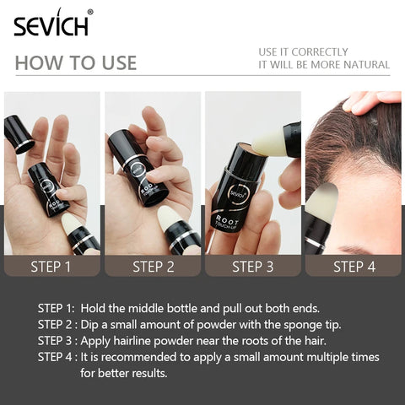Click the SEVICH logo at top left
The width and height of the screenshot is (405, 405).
pos(51,24)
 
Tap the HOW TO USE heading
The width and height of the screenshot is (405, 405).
pos(76,63)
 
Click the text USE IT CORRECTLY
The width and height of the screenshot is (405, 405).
pos(303,51)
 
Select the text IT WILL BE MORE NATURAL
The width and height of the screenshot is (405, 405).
pos(324,65)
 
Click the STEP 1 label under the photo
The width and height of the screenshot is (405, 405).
pos(51,267)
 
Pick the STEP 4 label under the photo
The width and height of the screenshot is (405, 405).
pos(354,267)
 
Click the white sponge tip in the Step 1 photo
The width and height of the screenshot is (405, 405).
pos(72,224)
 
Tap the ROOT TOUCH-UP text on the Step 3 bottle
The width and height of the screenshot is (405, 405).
pos(229,221)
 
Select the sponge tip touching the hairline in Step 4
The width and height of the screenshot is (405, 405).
pos(324,202)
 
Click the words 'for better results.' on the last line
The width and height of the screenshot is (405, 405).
pos(125,372)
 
